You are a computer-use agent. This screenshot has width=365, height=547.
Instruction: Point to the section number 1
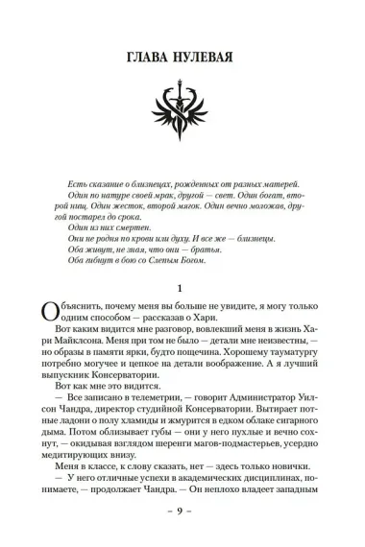(182, 287)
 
